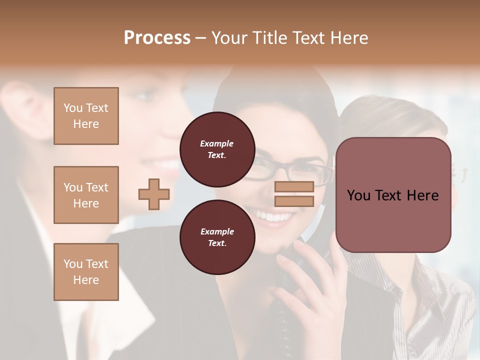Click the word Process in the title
(157, 38)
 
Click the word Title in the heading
(269, 38)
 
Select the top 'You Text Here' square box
(86, 116)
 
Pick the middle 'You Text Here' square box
(86, 195)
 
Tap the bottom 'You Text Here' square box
(86, 272)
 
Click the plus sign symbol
(154, 194)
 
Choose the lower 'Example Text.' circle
(217, 237)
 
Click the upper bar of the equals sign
(294, 187)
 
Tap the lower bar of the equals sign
(294, 201)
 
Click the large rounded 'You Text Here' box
(393, 195)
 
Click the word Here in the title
(349, 38)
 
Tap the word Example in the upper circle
(217, 143)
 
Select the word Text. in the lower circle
(217, 243)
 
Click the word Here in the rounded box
(422, 195)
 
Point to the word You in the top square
(72, 108)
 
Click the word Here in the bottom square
(86, 280)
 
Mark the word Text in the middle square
(96, 187)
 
